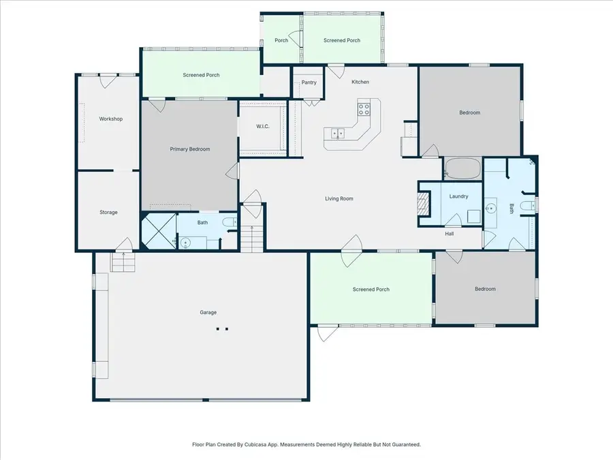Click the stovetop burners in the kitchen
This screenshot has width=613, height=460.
tap(364, 106)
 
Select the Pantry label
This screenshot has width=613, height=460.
tap(309, 82)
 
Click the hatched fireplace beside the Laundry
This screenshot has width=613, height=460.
tap(424, 203)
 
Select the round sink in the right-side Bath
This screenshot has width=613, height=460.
tap(491, 209)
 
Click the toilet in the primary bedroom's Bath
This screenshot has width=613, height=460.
tap(230, 222)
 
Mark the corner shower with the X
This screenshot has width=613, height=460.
tap(158, 231)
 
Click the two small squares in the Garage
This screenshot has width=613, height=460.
tap(222, 328)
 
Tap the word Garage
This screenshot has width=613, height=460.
tap(208, 313)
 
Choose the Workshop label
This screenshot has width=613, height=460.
tap(110, 119)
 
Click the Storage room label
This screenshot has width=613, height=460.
tap(108, 213)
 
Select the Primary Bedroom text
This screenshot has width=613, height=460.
tap(189, 149)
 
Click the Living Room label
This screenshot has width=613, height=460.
tap(339, 199)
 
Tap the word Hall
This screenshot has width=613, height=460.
tap(450, 234)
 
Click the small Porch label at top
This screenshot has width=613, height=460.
tap(281, 40)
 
